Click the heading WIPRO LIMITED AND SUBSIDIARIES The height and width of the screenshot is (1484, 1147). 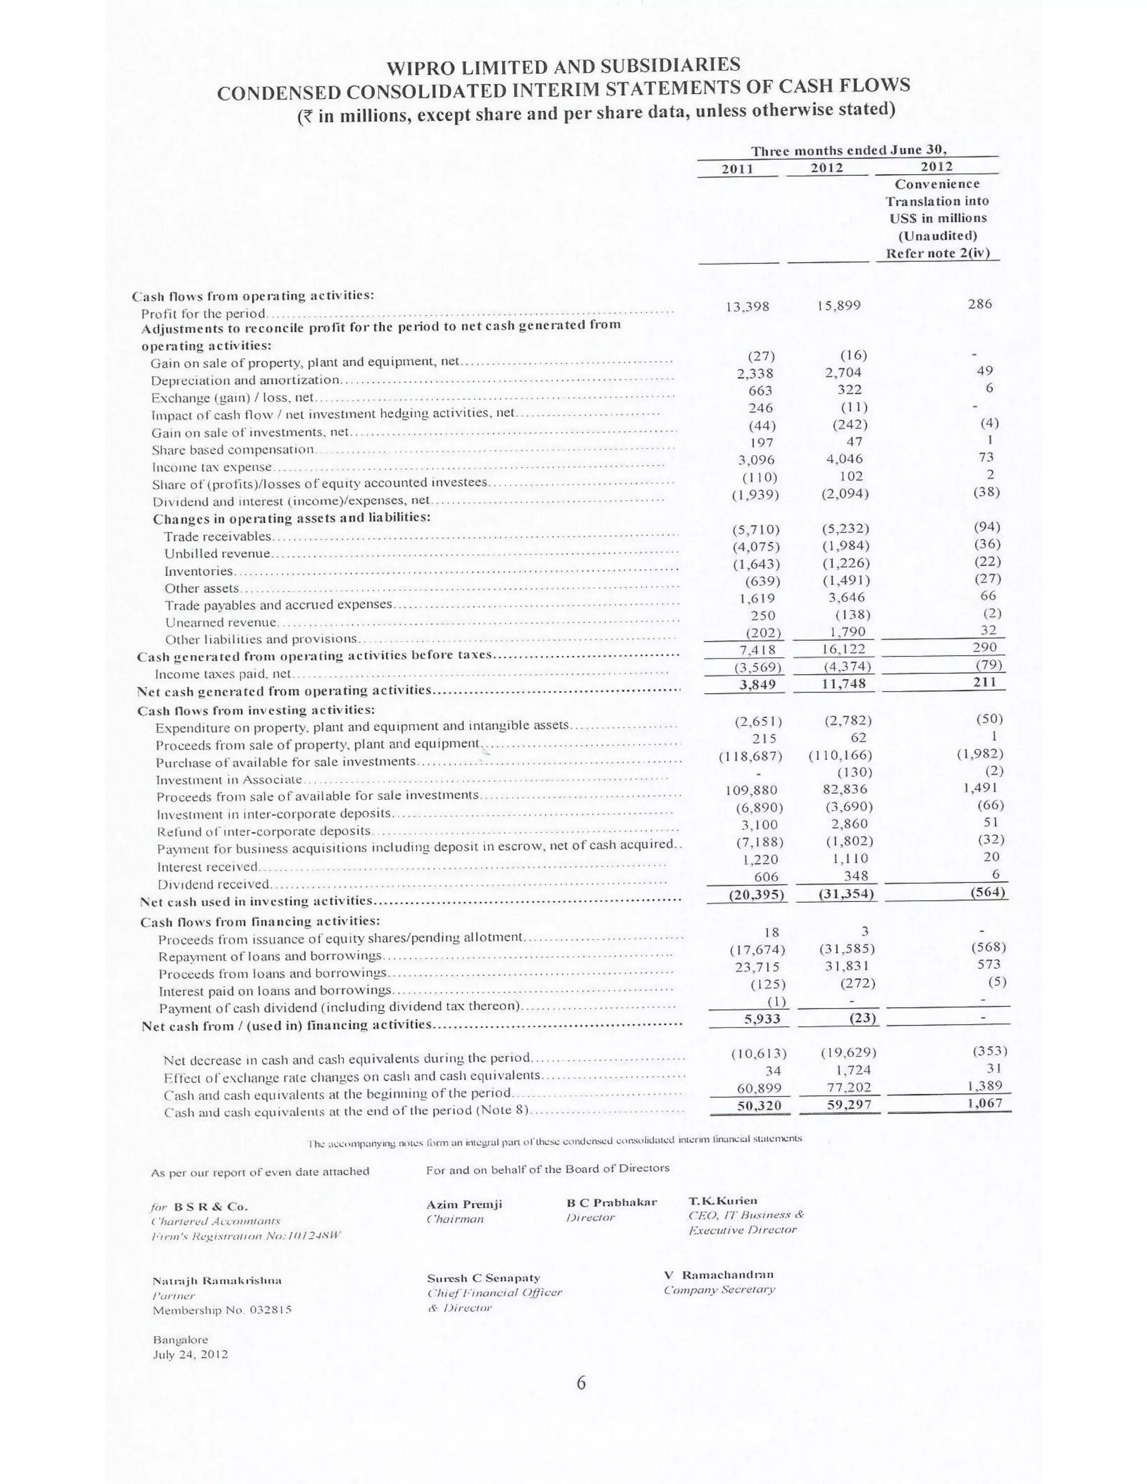563,66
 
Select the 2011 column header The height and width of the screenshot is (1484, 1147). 736,169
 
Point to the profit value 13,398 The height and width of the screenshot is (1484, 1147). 748,306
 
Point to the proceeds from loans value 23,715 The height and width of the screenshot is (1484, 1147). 758,967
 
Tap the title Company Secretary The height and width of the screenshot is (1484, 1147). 720,1290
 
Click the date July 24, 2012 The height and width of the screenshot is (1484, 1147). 190,1354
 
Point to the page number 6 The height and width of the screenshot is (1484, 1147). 581,1402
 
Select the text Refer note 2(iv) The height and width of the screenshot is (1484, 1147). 937,254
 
